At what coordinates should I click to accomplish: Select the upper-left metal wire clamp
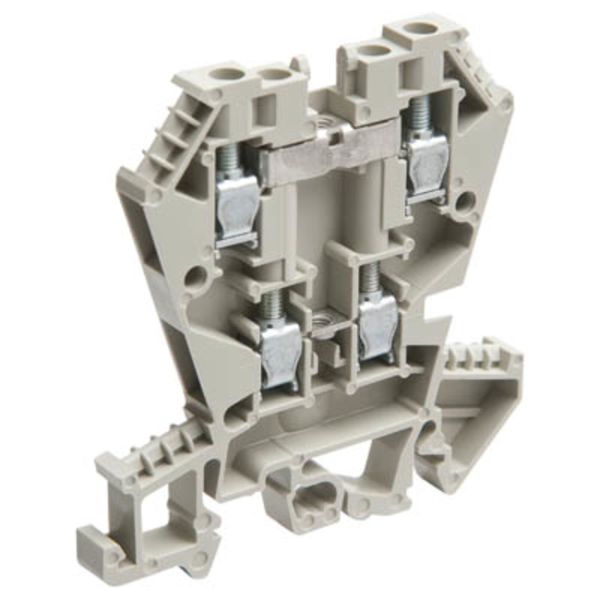point(238,207)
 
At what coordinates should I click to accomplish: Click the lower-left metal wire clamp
point(279,352)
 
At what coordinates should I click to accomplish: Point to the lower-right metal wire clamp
point(377,327)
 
